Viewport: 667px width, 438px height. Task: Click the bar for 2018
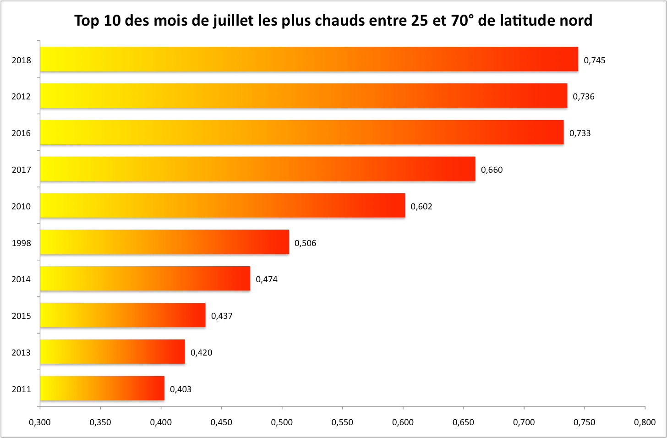tap(309, 59)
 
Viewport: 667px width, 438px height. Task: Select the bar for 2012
tap(303, 96)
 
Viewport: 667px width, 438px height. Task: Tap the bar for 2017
tap(257, 169)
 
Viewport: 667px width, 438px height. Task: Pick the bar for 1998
tap(164, 242)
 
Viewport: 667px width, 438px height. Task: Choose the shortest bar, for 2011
tap(102, 389)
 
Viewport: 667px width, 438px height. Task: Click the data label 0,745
tap(594, 60)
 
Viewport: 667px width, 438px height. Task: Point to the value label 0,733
tap(580, 133)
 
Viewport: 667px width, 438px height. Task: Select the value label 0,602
tap(421, 207)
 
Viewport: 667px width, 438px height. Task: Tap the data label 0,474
tap(266, 279)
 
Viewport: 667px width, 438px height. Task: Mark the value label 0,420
tap(201, 353)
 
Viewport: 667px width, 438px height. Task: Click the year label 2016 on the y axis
tap(21, 133)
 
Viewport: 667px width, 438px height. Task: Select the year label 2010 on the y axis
tap(21, 207)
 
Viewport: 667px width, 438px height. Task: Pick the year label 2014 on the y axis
tap(21, 279)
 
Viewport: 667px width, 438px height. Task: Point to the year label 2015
tap(21, 316)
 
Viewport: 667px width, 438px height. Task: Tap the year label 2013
tap(21, 353)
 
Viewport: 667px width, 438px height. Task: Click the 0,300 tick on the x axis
tap(40, 422)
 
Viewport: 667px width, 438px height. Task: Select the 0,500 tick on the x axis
tap(282, 422)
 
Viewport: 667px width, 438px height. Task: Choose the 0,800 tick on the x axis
tap(645, 422)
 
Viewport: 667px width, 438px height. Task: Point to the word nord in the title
tap(576, 21)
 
